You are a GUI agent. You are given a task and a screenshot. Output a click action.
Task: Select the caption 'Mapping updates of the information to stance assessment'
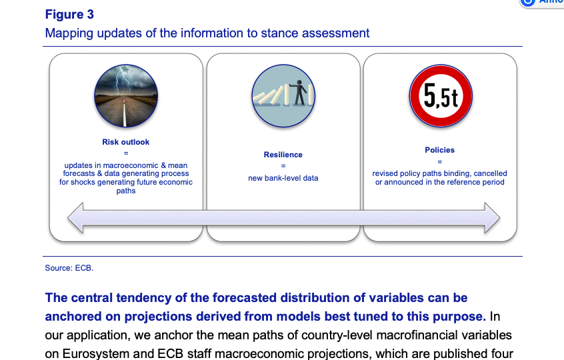207,33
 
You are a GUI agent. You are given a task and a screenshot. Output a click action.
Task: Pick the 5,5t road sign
439,95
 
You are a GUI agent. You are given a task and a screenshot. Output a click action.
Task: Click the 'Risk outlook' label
125,142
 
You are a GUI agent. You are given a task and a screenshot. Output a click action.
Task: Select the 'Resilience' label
283,155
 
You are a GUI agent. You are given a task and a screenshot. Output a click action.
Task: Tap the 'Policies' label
439,150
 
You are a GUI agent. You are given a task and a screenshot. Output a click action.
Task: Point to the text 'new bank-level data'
283,178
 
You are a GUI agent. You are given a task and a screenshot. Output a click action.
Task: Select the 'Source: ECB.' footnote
69,268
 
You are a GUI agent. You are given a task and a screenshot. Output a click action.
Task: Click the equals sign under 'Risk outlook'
125,154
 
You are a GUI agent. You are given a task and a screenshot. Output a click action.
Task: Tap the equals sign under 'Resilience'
283,166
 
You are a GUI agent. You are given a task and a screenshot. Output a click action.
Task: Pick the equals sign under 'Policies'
439,161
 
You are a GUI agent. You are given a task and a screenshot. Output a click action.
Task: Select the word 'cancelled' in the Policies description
489,173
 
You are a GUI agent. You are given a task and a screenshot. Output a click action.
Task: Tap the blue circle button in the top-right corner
528,2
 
